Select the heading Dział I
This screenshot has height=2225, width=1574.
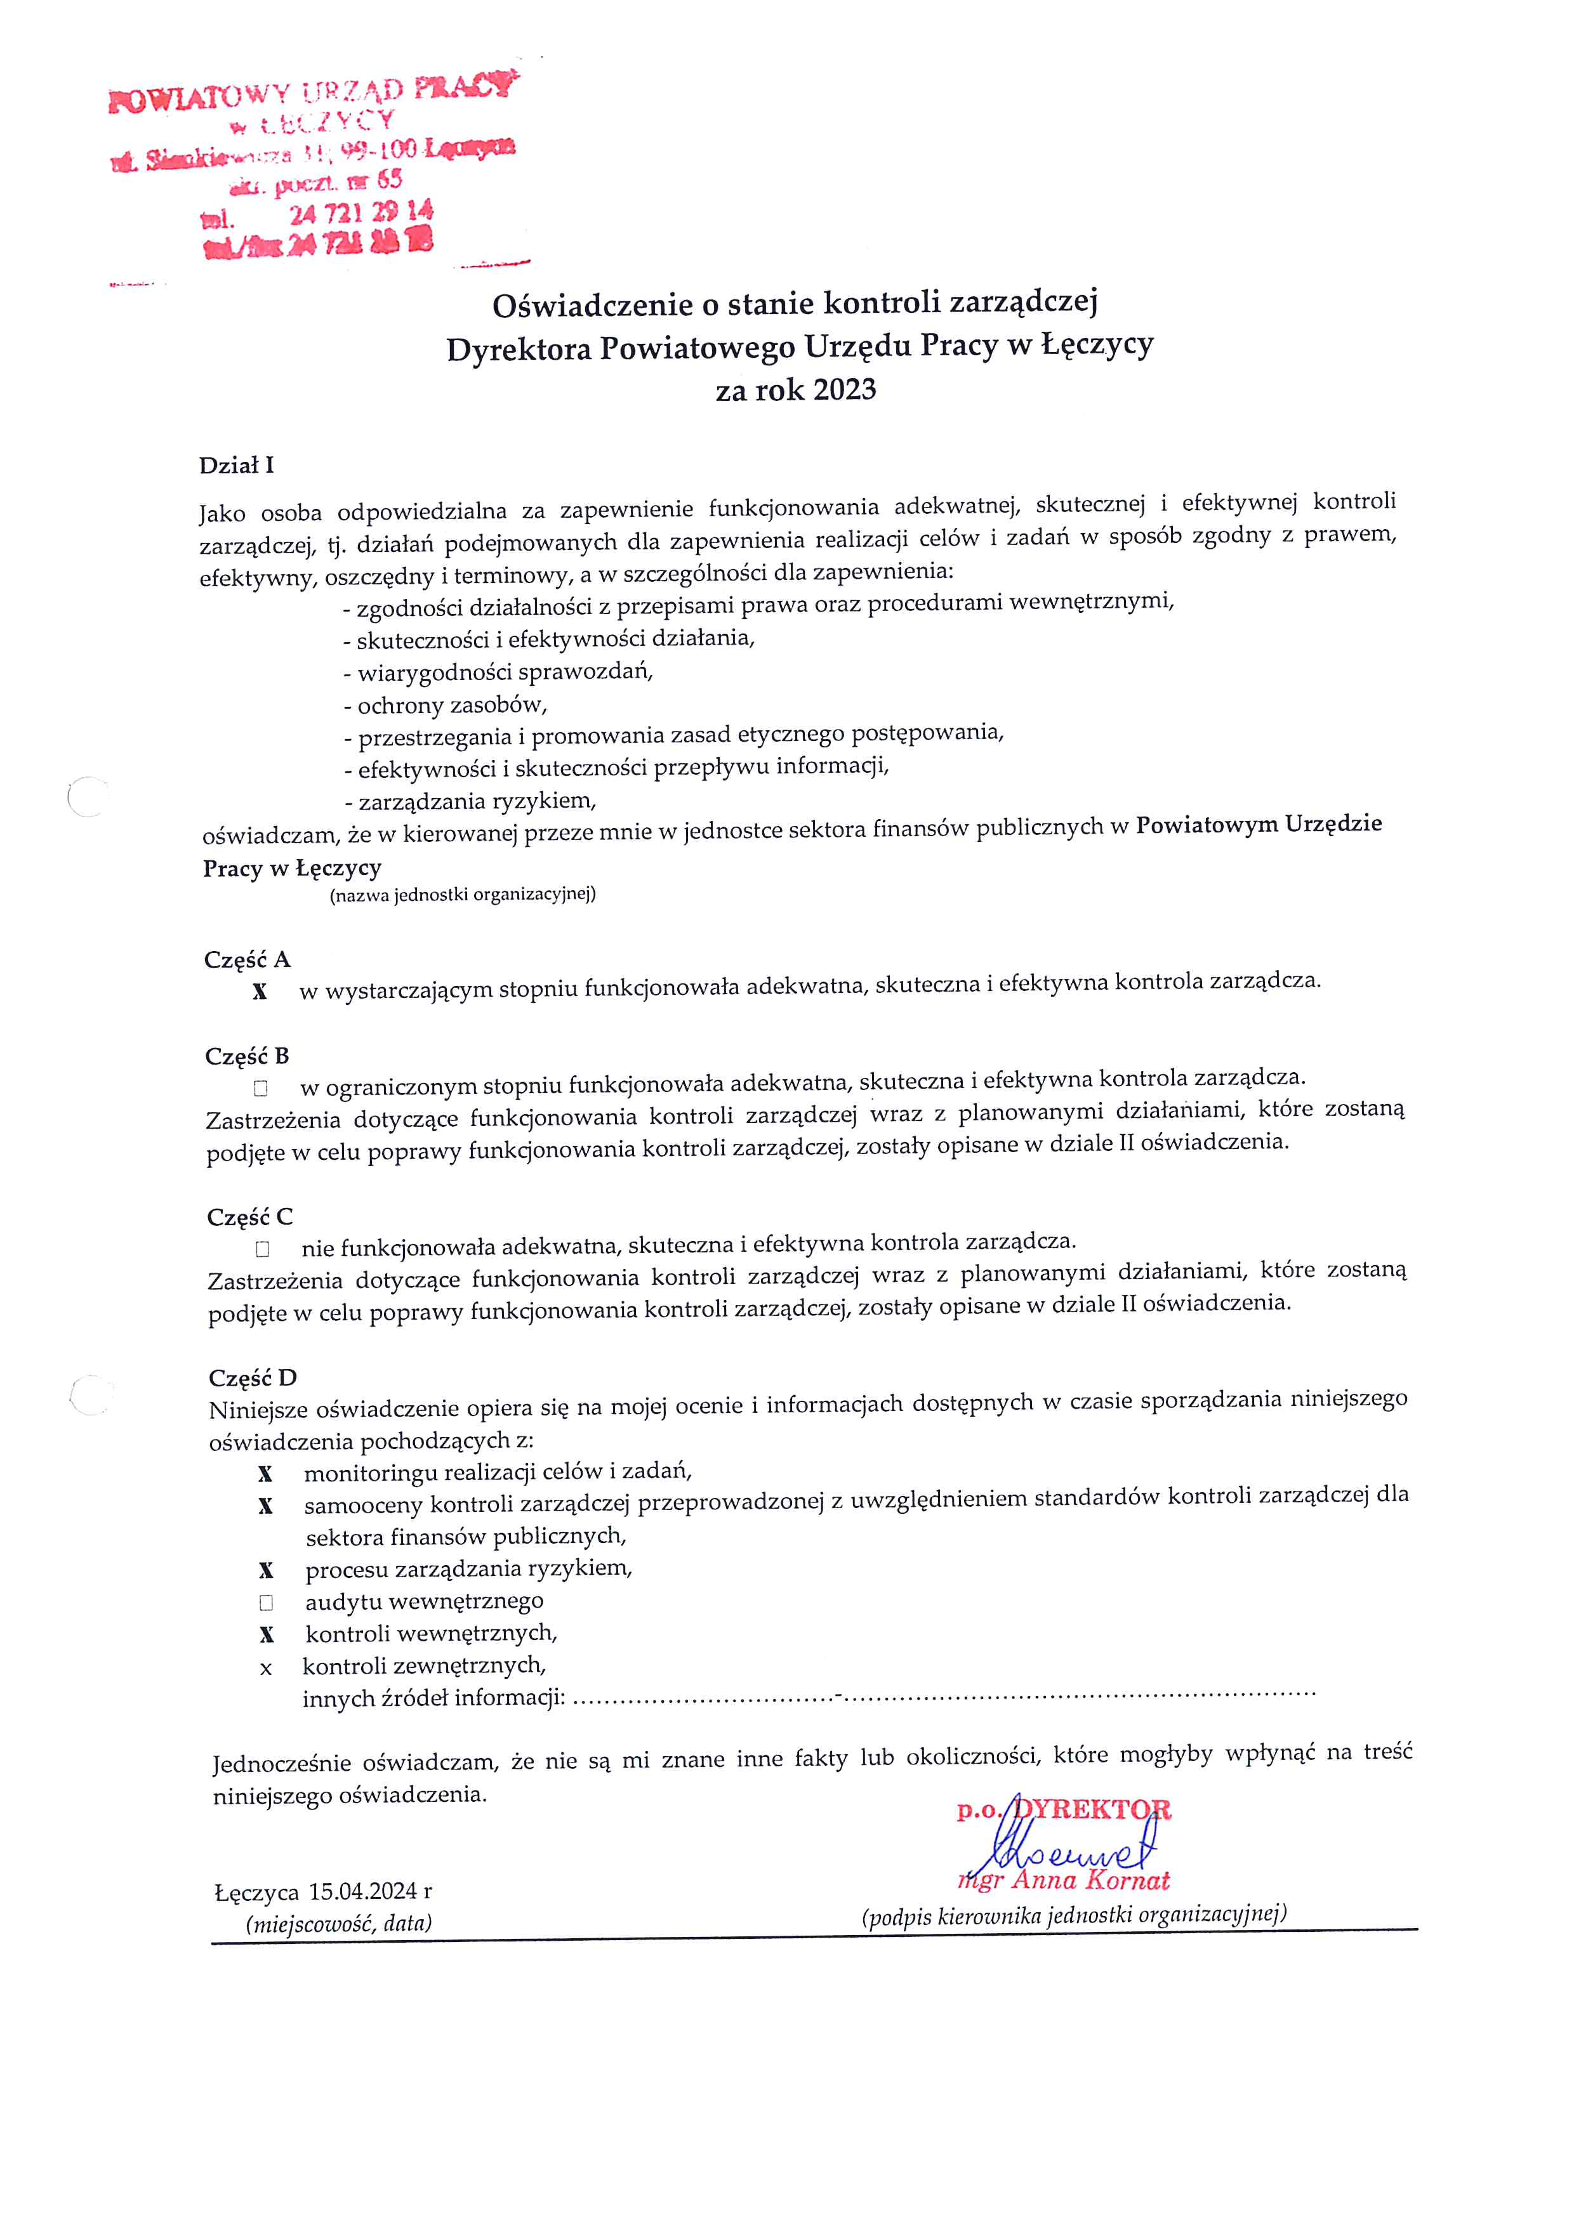click(x=237, y=465)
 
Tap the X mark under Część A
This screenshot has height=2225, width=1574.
click(x=260, y=992)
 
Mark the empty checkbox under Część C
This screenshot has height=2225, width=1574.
click(x=263, y=1249)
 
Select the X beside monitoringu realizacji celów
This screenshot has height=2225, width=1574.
click(x=265, y=1474)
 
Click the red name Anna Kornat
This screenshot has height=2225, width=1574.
click(x=1090, y=1881)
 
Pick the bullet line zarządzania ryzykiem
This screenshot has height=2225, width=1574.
click(x=470, y=801)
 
